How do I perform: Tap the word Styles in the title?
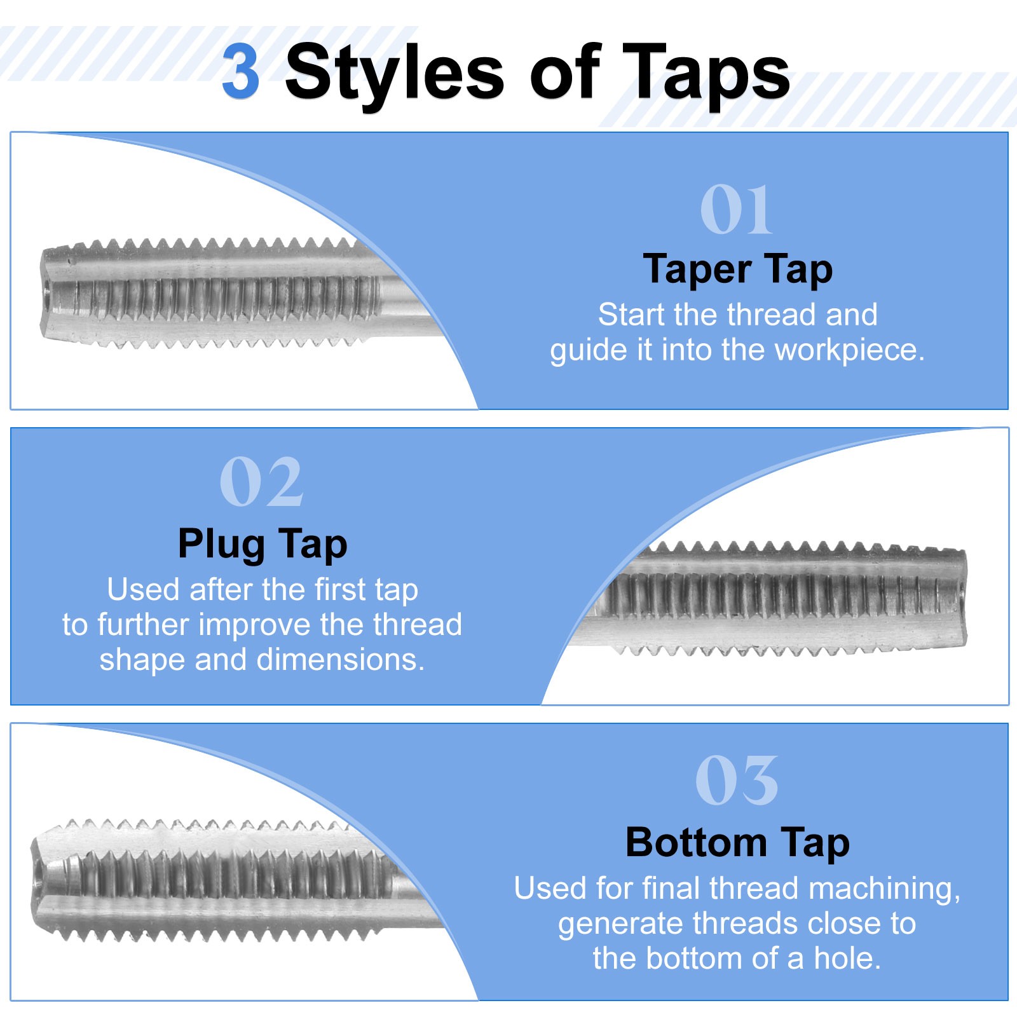pos(395,75)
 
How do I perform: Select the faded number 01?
pos(736,209)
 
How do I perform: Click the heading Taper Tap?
pos(737,270)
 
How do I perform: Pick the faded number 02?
pos(261,481)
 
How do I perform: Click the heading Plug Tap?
pos(263,545)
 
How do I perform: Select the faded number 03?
pos(737,781)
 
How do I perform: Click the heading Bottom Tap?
pos(737,843)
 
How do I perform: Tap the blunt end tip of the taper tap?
pos(43,293)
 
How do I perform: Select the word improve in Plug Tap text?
pos(257,625)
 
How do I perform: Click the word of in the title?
pos(565,73)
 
